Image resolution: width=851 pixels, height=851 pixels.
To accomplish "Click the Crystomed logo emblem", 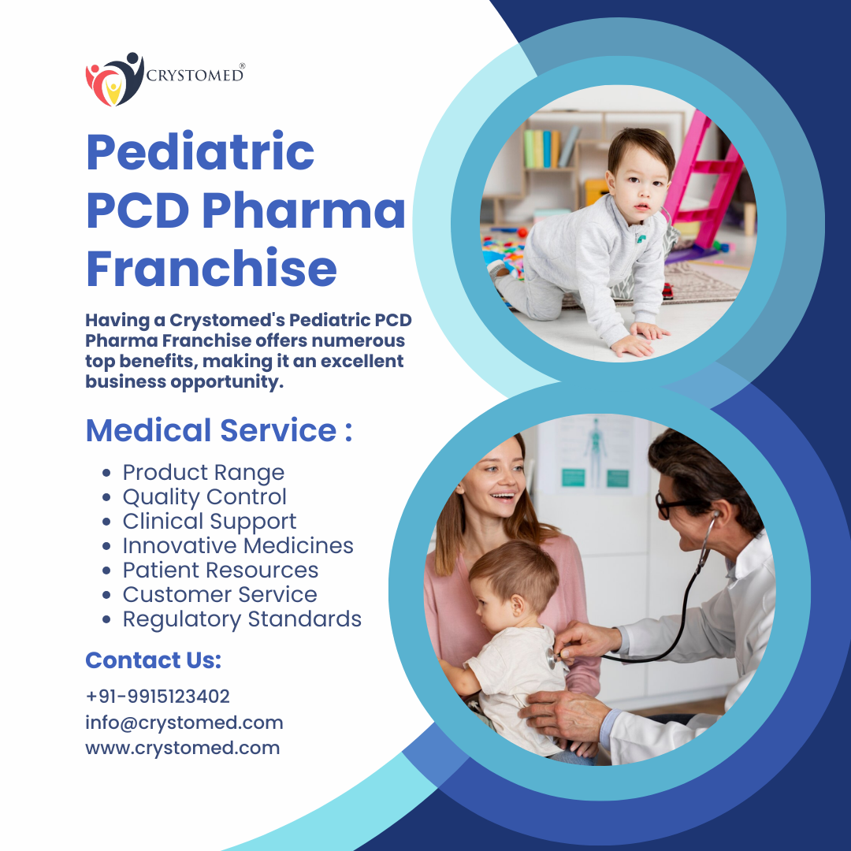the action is [x=114, y=80].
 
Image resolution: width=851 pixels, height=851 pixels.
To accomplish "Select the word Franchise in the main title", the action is [x=212, y=268].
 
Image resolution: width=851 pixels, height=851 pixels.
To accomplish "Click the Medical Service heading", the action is [x=219, y=430].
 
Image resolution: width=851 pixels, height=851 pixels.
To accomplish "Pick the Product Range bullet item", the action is [x=203, y=472].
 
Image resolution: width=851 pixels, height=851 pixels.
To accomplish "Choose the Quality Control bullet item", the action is [x=205, y=496].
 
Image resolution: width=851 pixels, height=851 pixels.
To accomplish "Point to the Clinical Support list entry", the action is [x=210, y=521].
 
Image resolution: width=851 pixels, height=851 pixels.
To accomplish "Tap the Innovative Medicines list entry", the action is [x=238, y=545].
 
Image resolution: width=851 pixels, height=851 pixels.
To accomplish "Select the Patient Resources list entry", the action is [x=221, y=570].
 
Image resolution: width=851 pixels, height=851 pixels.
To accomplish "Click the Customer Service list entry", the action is [x=220, y=594].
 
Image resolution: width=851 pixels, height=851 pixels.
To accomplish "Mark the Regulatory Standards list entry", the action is [x=242, y=619].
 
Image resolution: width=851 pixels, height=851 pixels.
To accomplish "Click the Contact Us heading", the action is [x=154, y=660].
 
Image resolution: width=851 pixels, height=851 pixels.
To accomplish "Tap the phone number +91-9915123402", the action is [x=158, y=697].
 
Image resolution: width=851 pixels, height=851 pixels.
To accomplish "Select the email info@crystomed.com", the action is [x=184, y=723].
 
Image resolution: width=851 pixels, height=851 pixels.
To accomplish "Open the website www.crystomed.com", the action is [x=182, y=748].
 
